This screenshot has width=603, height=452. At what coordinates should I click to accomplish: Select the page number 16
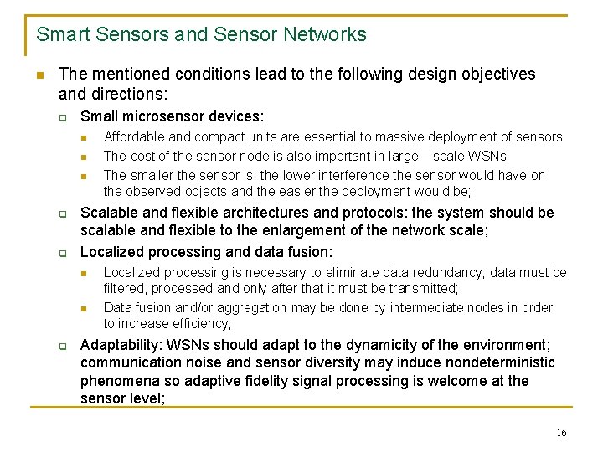(561, 433)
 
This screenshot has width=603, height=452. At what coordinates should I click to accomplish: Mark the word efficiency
(202, 324)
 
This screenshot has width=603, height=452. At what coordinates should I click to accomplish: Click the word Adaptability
(121, 344)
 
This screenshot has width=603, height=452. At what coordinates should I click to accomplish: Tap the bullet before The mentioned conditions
(39, 74)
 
